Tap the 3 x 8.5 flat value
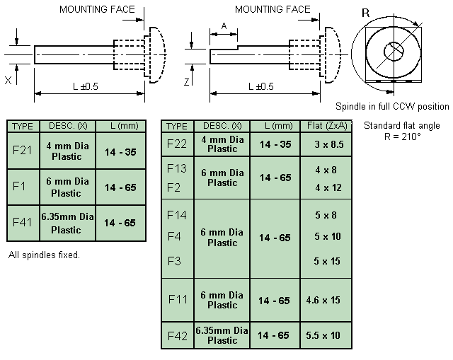click(329, 144)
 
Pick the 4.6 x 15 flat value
click(323, 301)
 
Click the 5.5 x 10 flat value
click(323, 335)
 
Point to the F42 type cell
click(178, 336)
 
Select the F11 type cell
click(178, 299)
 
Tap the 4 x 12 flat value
click(328, 188)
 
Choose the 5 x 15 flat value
click(327, 261)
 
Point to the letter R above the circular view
click(365, 13)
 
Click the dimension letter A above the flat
click(224, 26)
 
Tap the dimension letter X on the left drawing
click(8, 80)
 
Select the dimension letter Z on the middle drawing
click(187, 82)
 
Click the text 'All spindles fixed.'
click(44, 255)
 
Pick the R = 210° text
click(402, 137)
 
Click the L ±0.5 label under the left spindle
click(86, 86)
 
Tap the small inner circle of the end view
click(394, 52)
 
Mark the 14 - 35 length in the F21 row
click(120, 152)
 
